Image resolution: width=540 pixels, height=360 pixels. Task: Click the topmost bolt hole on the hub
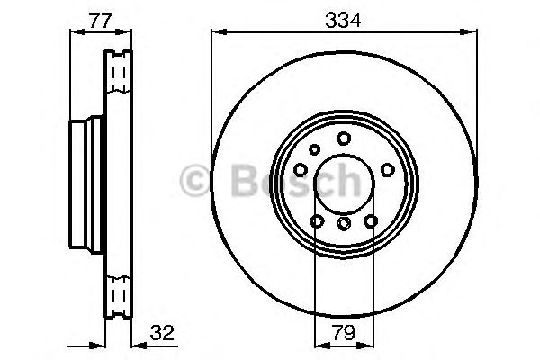pyautogui.click(x=344, y=138)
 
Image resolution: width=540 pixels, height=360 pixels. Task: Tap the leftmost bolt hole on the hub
pyautogui.click(x=301, y=168)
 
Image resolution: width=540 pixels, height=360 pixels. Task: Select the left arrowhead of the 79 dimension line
pyautogui.click(x=318, y=343)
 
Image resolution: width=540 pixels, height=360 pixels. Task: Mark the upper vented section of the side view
pyautogui.click(x=118, y=76)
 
